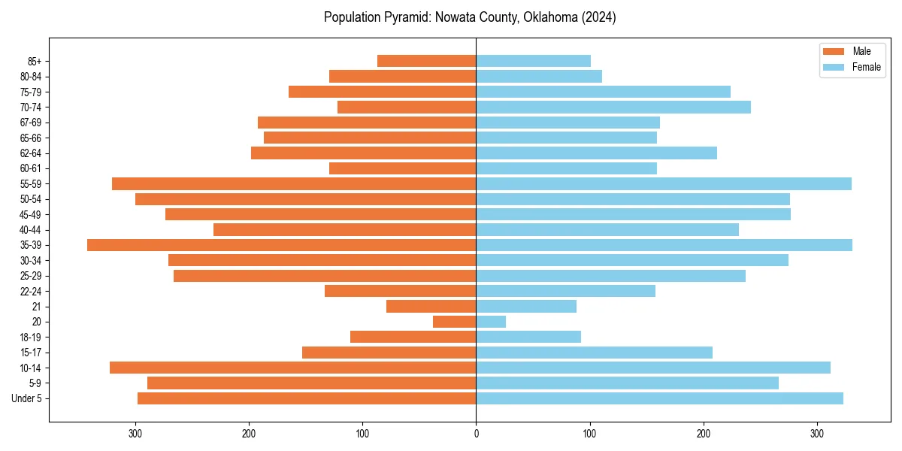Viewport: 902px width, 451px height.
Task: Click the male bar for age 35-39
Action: click(282, 245)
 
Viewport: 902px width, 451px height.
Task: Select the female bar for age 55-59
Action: click(664, 184)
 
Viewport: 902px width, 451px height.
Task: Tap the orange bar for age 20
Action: click(455, 322)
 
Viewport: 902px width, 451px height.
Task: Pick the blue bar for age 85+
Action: click(533, 61)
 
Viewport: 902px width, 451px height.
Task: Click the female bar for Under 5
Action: click(659, 398)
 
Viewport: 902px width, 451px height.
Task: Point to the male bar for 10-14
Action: click(293, 368)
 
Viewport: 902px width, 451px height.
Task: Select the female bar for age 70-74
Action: click(613, 107)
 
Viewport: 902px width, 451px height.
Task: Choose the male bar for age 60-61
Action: click(403, 168)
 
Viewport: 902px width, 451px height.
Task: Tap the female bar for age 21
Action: click(526, 307)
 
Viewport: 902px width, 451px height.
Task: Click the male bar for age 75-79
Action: click(383, 92)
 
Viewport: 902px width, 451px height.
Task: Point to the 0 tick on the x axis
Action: click(476, 434)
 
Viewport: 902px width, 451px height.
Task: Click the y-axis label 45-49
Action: click(30, 215)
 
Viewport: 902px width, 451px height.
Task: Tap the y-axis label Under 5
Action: click(26, 398)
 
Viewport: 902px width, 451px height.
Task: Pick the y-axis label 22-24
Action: click(30, 292)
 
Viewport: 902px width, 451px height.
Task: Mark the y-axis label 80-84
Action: click(30, 77)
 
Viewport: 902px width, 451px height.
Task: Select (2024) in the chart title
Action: click(598, 17)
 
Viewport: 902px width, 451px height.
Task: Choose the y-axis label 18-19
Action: click(30, 337)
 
